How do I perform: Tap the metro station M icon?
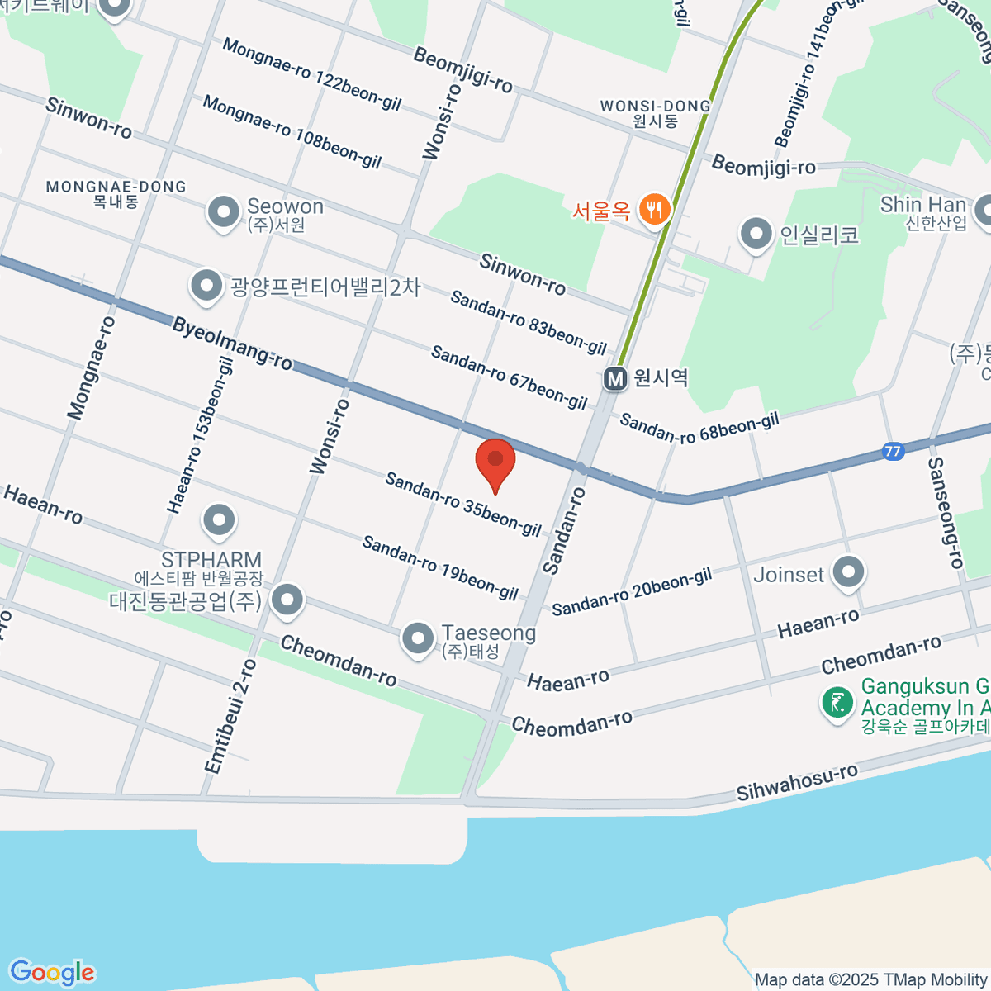tap(614, 379)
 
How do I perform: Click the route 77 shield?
tap(892, 452)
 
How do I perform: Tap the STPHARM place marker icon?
tap(219, 521)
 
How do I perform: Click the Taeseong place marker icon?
tap(418, 638)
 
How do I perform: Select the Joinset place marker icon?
tap(848, 571)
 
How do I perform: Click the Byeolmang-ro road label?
tap(232, 344)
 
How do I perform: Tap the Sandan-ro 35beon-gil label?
tap(463, 504)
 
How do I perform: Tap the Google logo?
tap(52, 973)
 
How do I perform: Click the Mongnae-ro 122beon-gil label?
tap(311, 74)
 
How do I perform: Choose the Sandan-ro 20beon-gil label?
tap(632, 592)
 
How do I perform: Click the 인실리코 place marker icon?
tap(756, 235)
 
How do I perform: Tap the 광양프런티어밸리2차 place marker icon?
tap(206, 287)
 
